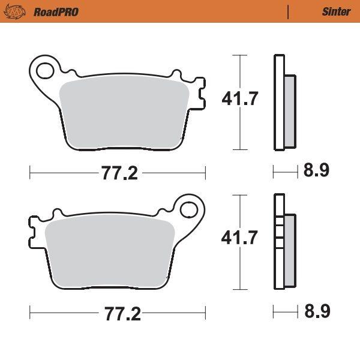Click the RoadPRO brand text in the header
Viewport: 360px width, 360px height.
(56, 12)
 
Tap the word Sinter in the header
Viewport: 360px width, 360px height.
(337, 12)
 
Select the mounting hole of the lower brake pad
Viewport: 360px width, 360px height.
(189, 209)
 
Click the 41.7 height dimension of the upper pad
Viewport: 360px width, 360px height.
(240, 98)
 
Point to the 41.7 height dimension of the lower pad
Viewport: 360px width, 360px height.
(239, 238)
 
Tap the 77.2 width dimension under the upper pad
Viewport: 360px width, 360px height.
(119, 173)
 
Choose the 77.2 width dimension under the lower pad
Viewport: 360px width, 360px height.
(122, 313)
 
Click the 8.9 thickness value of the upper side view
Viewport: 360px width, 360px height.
(316, 170)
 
